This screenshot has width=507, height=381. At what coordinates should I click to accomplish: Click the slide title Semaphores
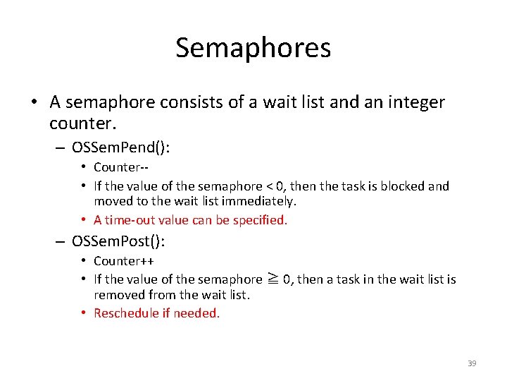click(253, 48)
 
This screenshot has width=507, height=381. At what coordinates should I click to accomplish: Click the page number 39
click(472, 363)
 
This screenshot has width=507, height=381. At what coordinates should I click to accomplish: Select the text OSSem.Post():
click(118, 241)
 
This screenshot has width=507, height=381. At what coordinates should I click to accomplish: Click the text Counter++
click(124, 261)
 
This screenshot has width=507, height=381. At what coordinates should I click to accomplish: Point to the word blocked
click(404, 186)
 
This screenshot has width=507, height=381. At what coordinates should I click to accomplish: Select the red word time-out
click(130, 220)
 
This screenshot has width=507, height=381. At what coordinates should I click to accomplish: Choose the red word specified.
click(261, 220)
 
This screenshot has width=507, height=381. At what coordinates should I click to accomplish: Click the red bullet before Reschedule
click(83, 313)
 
